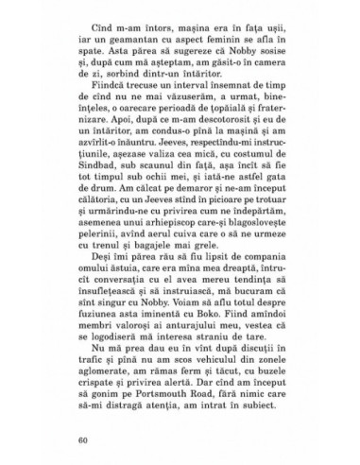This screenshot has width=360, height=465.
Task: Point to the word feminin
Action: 237,58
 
